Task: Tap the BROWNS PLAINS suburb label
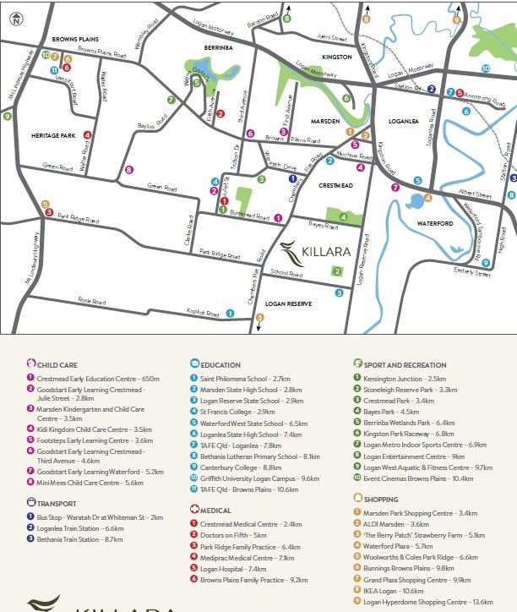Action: (x=77, y=40)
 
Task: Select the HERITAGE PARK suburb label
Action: (x=54, y=135)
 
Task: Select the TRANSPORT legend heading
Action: (x=57, y=503)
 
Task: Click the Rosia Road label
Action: (x=93, y=300)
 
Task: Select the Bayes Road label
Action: (x=323, y=226)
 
